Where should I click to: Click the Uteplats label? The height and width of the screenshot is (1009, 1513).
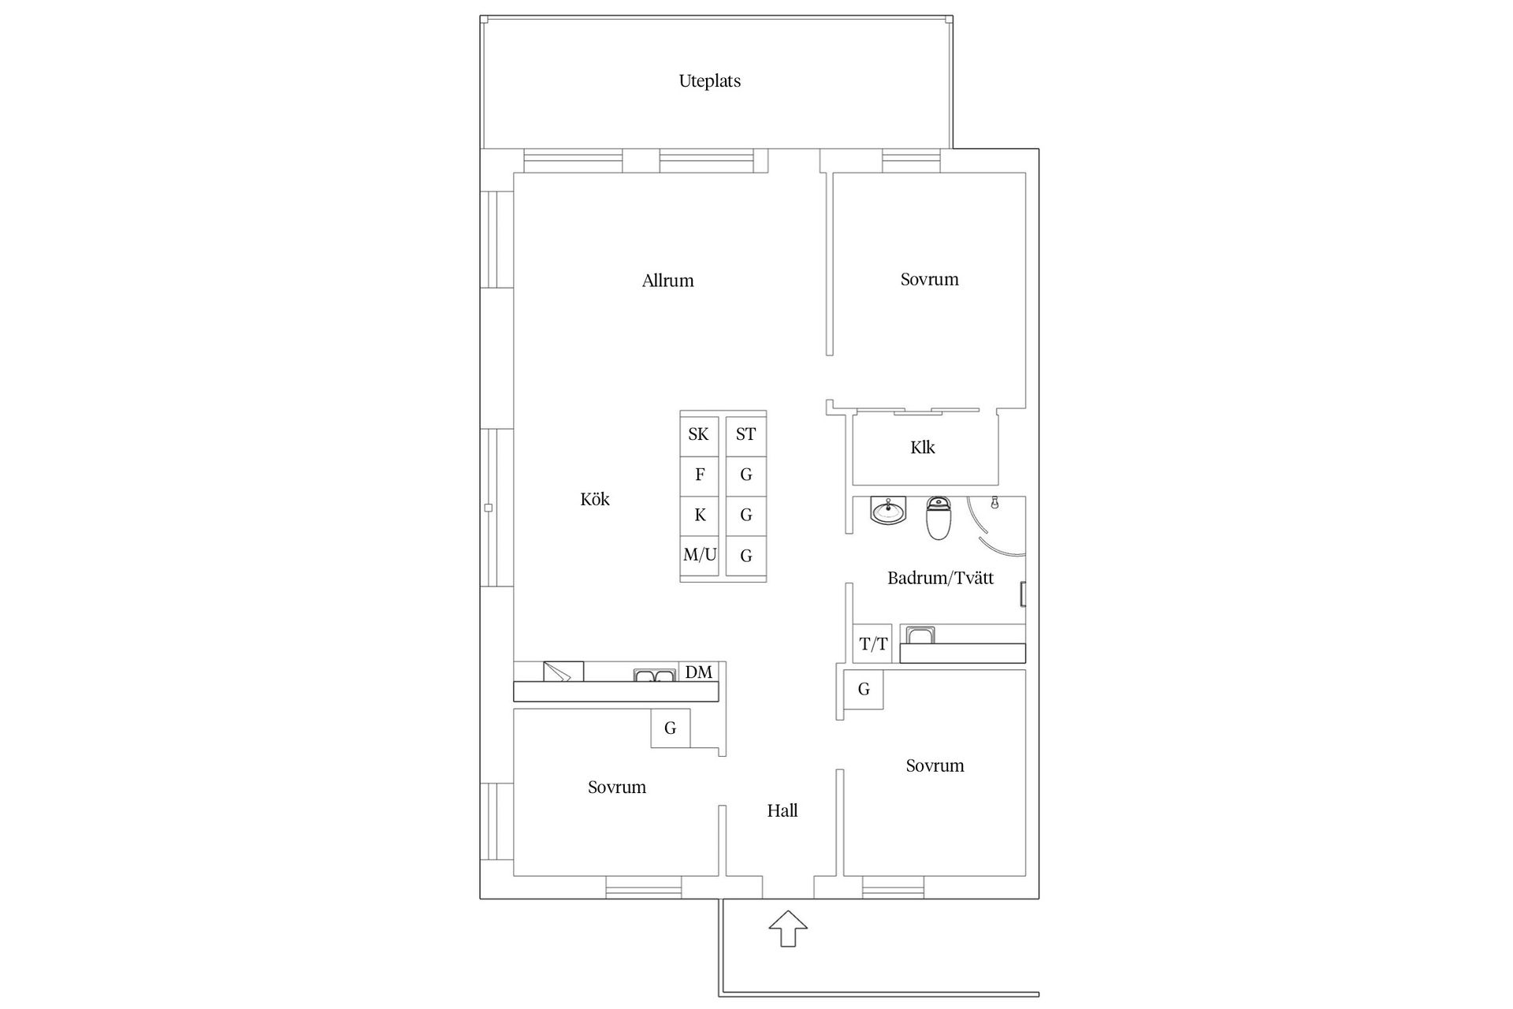tap(709, 81)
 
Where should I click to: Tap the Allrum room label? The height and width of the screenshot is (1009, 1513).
tap(667, 281)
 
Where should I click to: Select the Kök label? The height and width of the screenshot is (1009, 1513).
tap(595, 499)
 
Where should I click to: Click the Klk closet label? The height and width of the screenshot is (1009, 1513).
tap(923, 448)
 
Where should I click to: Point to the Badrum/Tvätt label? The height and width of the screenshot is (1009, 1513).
tap(940, 578)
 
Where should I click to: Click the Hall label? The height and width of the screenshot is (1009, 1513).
tap(783, 810)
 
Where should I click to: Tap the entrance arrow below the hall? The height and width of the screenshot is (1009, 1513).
tap(788, 928)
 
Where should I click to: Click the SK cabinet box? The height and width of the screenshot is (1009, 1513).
tap(699, 434)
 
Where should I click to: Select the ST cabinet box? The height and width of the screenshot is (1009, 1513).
tap(745, 434)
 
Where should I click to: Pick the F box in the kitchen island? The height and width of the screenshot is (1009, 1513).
tap(699, 475)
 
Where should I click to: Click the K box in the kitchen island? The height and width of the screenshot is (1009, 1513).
tap(699, 516)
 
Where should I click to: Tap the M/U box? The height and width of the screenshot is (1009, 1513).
tap(699, 555)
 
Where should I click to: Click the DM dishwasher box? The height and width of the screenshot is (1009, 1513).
tap(699, 672)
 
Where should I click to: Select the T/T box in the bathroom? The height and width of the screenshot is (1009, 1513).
tap(873, 644)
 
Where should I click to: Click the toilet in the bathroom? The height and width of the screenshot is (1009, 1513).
tap(939, 518)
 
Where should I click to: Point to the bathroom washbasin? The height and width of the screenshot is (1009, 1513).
tap(889, 510)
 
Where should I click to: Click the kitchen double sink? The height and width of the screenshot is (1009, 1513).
tap(655, 675)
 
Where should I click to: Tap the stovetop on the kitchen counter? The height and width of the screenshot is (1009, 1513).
tap(563, 672)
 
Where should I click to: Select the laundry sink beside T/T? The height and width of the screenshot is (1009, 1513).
tap(920, 635)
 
